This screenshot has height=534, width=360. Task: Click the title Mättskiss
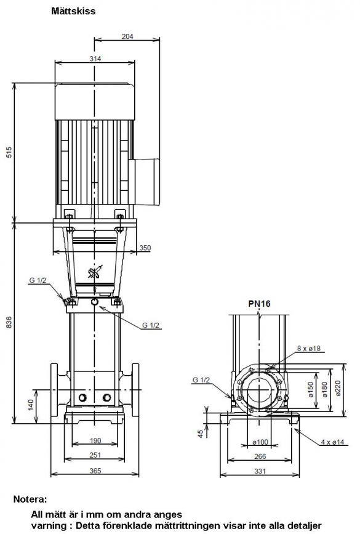pyautogui.click(x=73, y=11)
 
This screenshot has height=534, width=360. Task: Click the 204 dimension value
pyautogui.click(x=127, y=36)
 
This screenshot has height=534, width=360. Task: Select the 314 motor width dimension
pyautogui.click(x=95, y=59)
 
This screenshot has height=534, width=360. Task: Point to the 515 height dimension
pyautogui.click(x=9, y=152)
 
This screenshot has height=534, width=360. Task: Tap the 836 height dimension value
pyautogui.click(x=9, y=322)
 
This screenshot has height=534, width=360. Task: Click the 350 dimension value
pyautogui.click(x=145, y=248)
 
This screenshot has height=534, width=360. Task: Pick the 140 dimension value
pyautogui.click(x=31, y=405)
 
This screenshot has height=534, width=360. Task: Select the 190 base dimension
pyautogui.click(x=95, y=440)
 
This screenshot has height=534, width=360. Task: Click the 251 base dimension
pyautogui.click(x=95, y=455)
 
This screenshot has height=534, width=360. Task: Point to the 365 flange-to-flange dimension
pyautogui.click(x=95, y=471)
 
